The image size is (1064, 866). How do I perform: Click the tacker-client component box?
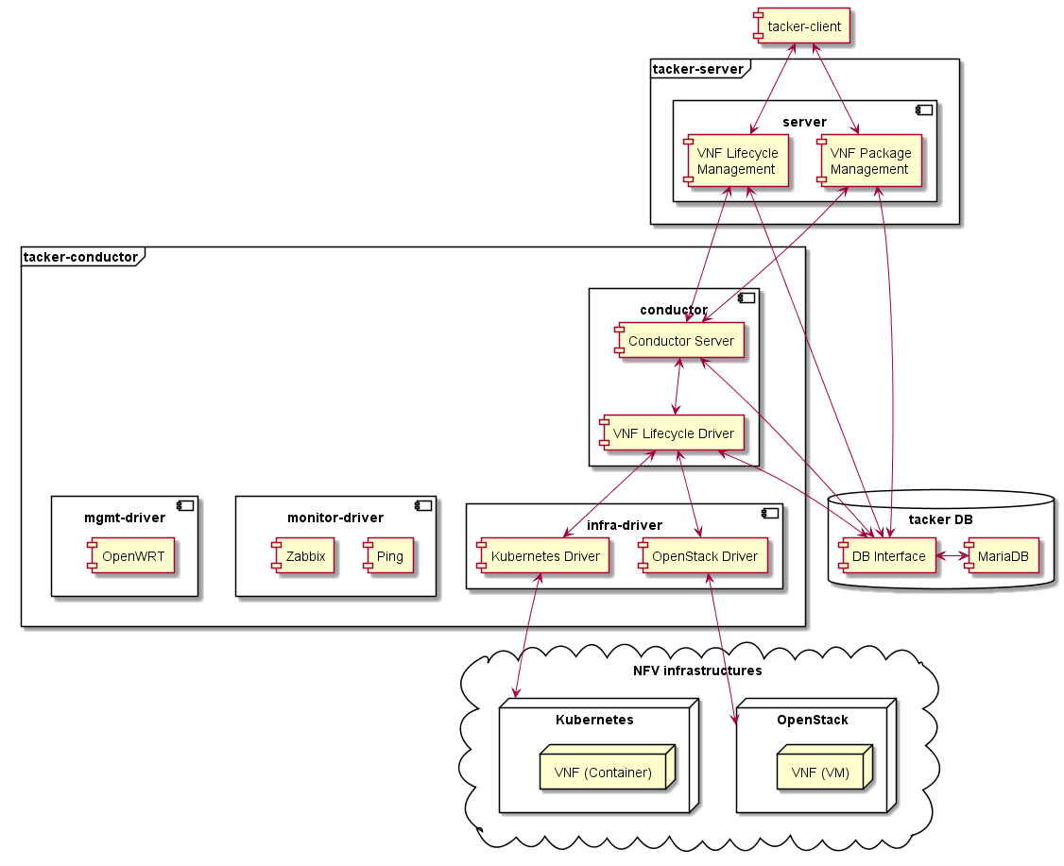pos(803,26)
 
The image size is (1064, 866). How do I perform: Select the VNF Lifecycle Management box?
pos(737,161)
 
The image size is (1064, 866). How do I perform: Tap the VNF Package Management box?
pos(870,161)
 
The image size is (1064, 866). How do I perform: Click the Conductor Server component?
pos(680,341)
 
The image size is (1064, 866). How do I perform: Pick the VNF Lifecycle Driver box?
pos(673,433)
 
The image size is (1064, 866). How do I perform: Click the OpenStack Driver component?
pos(704,556)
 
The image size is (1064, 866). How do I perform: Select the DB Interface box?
pos(888,556)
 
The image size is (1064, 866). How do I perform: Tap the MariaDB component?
pos(1002,556)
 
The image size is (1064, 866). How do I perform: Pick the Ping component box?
pos(388,556)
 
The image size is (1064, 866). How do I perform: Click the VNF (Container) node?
pos(603,773)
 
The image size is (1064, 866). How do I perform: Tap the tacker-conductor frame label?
pos(80,256)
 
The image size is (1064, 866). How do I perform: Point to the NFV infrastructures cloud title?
pos(697,671)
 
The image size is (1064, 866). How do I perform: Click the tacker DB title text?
pos(940,519)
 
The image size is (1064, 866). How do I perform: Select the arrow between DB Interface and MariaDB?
pos(951,556)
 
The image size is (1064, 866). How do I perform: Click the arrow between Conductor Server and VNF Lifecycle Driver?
pos(678,386)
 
